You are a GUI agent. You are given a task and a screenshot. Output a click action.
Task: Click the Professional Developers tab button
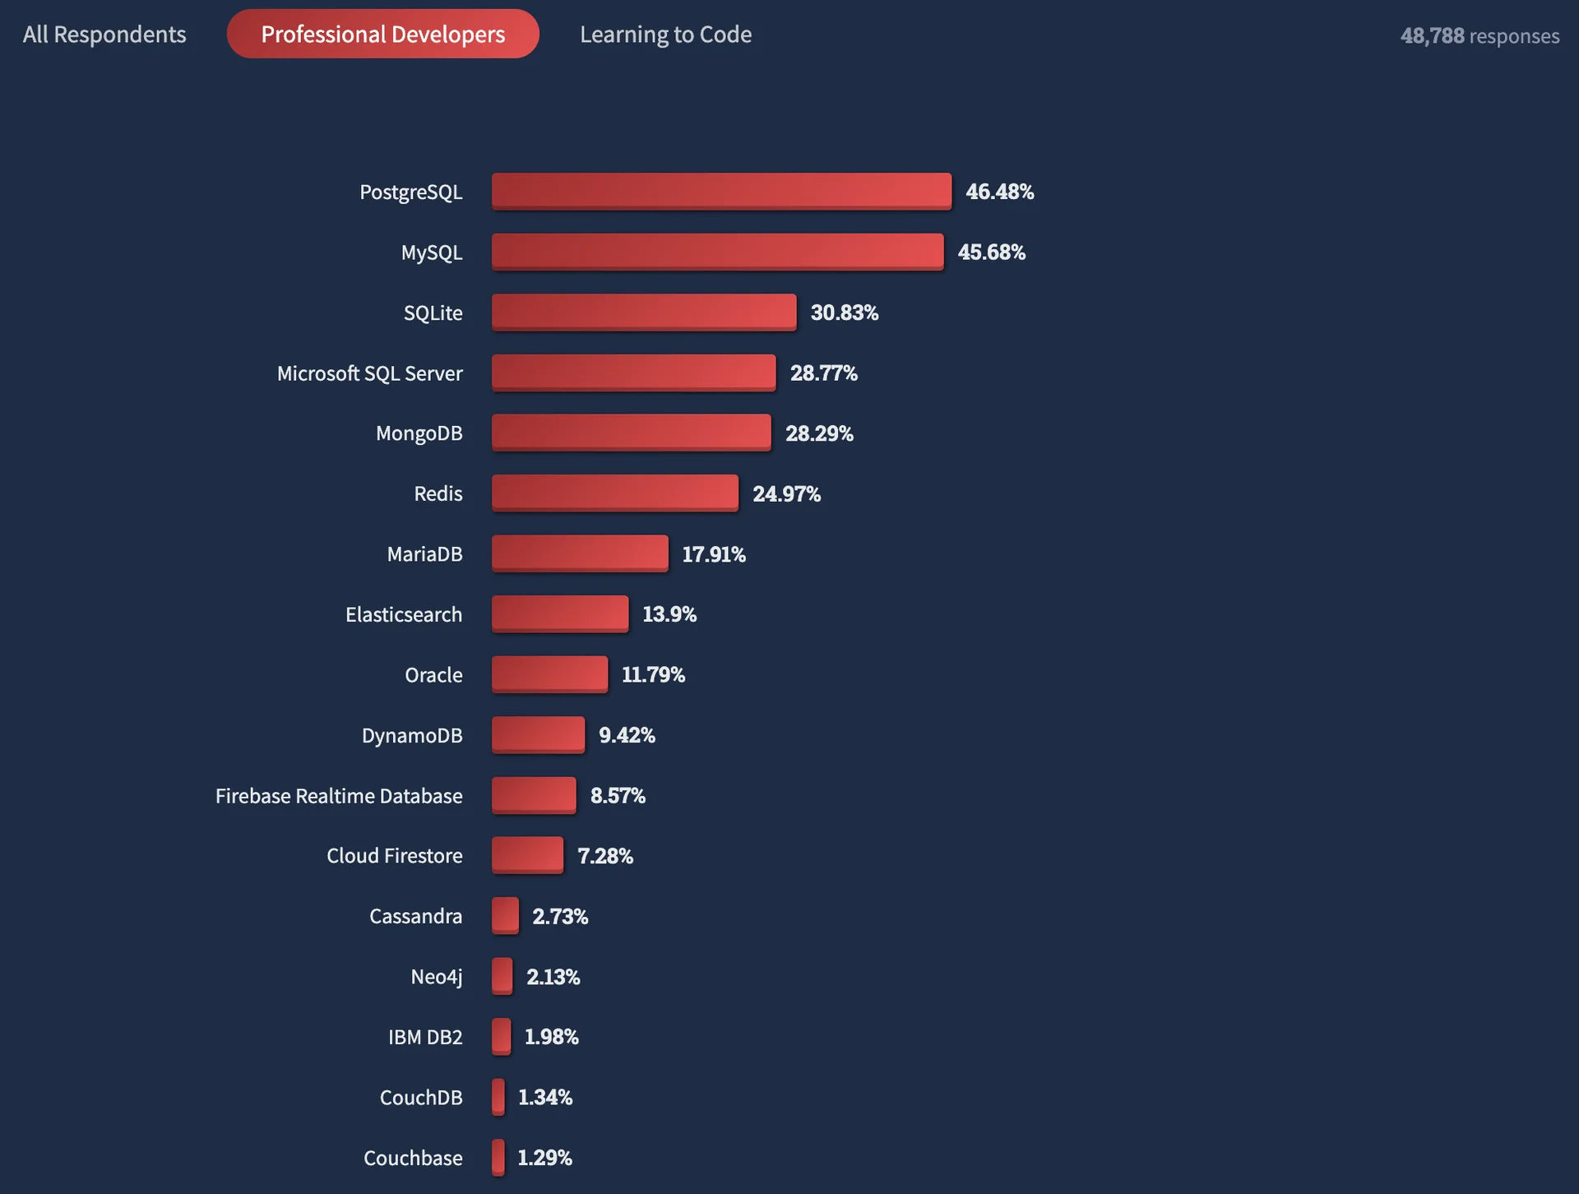[382, 34]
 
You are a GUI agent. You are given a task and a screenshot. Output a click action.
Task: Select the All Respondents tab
[104, 35]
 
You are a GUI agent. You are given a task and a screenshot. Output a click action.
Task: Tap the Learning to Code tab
[665, 35]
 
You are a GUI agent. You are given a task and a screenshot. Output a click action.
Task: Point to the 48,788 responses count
[1479, 35]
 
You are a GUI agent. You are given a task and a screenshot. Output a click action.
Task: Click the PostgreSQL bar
[721, 191]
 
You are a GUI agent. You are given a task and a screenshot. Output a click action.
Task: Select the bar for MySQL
[717, 252]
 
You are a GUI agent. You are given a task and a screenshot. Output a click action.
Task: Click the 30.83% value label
[844, 312]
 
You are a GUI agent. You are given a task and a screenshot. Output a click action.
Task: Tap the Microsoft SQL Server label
[369, 373]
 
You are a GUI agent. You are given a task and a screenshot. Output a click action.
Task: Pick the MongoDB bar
[631, 433]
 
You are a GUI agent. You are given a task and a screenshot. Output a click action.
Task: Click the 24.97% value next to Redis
[786, 493]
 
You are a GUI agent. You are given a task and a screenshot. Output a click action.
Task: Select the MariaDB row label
[424, 554]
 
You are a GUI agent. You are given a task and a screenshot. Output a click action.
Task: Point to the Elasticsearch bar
[560, 613]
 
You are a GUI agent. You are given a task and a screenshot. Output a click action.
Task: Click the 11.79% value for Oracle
[653, 674]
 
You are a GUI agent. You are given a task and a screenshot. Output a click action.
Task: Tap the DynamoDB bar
[538, 734]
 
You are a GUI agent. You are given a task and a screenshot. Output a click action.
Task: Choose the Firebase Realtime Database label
[339, 796]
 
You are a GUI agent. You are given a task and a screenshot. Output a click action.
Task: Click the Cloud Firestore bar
[527, 855]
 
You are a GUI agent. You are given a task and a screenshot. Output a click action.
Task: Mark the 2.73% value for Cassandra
[560, 916]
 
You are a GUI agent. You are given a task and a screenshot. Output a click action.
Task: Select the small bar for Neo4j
[502, 976]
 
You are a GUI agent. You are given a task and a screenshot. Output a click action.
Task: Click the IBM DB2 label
[425, 1037]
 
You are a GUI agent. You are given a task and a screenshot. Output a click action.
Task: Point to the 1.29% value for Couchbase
[544, 1158]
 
